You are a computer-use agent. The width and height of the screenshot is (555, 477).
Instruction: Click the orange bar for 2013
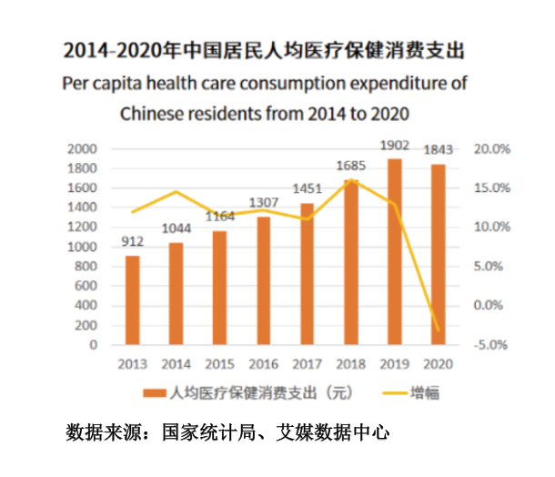[x=133, y=300]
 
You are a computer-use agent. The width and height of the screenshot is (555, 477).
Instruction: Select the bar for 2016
[x=263, y=281]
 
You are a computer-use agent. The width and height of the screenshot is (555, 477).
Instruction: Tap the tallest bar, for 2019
[x=394, y=252]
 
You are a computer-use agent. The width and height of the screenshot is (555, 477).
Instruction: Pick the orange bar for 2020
[x=438, y=255]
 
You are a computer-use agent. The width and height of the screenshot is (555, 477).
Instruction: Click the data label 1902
[x=394, y=146]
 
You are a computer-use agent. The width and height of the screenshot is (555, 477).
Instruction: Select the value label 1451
[x=307, y=189]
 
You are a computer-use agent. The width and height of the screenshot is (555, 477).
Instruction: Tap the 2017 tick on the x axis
[x=307, y=364]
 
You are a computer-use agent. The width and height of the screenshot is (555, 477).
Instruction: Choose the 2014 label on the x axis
[x=177, y=364]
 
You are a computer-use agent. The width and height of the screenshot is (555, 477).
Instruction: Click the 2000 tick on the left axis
[x=86, y=148]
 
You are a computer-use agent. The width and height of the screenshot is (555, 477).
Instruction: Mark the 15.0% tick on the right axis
[x=493, y=188]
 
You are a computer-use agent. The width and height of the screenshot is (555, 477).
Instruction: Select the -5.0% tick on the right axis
[x=492, y=345]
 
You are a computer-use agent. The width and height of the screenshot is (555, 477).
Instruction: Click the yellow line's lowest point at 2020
[x=438, y=330]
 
